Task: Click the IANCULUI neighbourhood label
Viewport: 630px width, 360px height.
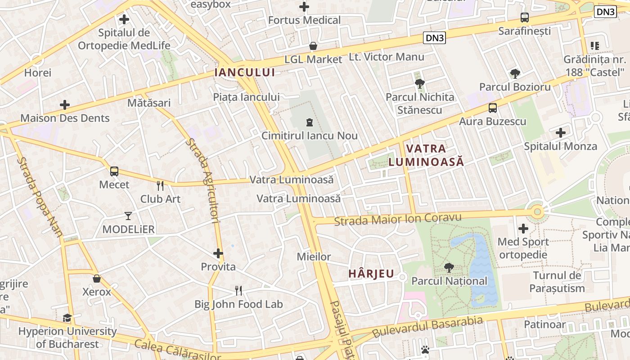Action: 244,72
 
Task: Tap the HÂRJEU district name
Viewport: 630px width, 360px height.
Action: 371,274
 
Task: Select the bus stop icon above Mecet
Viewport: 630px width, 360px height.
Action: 114,171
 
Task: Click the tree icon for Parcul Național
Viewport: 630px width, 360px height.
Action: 449,268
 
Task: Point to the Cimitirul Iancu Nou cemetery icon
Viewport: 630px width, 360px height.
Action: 310,122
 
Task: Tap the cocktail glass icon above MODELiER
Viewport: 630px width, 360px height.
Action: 128,216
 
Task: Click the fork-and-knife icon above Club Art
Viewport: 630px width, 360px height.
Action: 160,185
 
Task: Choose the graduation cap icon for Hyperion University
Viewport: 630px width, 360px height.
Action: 67,318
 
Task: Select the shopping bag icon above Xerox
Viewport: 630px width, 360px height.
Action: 96,279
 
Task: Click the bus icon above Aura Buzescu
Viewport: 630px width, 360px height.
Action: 493,108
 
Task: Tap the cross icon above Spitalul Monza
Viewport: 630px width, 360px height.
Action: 560,133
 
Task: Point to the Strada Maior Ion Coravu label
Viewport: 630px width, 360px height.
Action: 398,219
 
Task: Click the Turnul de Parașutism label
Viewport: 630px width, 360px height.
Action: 557,282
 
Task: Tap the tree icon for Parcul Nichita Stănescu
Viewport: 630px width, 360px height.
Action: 420,83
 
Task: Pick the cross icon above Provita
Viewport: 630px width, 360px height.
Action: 218,253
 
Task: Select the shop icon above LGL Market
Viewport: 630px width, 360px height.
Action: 313,46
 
